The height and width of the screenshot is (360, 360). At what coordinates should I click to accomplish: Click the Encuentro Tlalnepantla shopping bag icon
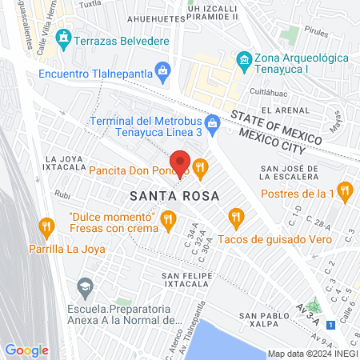(x=163, y=72)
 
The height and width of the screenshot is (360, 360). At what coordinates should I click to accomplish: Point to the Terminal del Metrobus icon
(x=211, y=122)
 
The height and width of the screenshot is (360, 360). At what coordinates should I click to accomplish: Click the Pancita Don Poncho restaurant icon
(x=200, y=168)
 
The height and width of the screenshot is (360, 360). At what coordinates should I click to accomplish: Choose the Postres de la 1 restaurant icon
(x=346, y=191)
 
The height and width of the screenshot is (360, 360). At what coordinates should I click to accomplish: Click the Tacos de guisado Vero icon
(x=235, y=215)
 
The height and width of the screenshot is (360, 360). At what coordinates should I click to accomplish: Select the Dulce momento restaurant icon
(x=168, y=218)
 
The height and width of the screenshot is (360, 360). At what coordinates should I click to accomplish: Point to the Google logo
(x=26, y=350)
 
